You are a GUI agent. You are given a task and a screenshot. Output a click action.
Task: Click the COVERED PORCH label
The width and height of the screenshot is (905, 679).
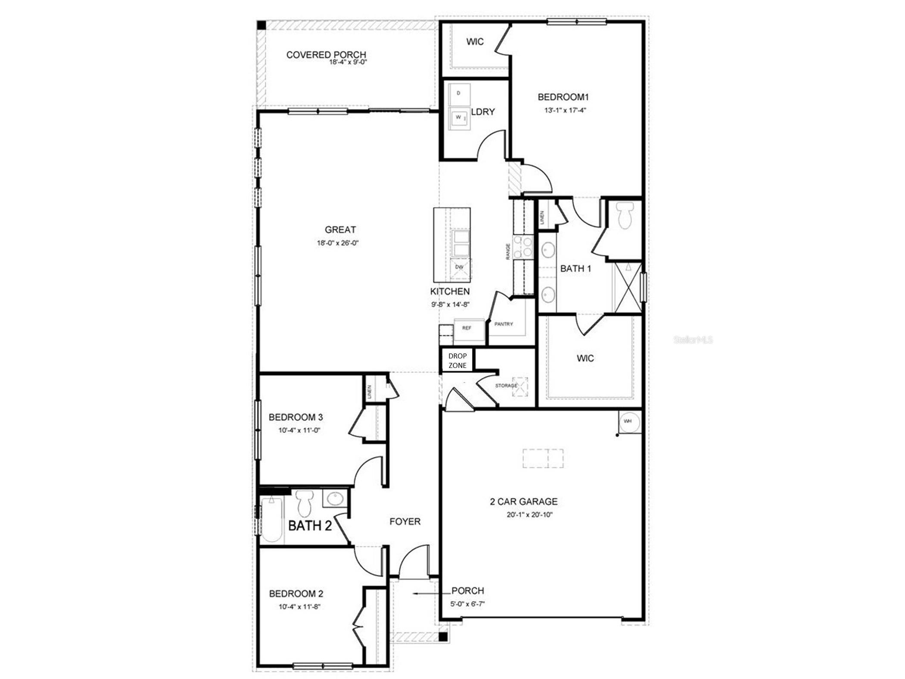pyautogui.click(x=326, y=55)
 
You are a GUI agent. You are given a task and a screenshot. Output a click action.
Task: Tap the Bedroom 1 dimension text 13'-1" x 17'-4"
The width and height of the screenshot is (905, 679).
pyautogui.click(x=565, y=110)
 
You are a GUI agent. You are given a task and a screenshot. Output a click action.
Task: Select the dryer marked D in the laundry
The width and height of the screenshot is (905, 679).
pyautogui.click(x=459, y=93)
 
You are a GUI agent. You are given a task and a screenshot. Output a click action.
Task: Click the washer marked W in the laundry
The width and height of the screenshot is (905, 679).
pyautogui.click(x=459, y=118)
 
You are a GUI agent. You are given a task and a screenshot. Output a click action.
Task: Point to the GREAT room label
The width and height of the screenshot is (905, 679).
pyautogui.click(x=340, y=230)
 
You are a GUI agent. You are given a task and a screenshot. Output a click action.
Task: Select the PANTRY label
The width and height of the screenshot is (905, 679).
pyautogui.click(x=503, y=324)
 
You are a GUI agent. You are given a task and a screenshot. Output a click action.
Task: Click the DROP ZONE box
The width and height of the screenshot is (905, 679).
pyautogui.click(x=457, y=361)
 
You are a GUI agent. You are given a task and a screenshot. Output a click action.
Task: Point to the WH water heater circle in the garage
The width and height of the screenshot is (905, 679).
pyautogui.click(x=628, y=421)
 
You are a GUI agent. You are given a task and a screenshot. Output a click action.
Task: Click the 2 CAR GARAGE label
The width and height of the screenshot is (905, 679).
pyautogui.click(x=523, y=501)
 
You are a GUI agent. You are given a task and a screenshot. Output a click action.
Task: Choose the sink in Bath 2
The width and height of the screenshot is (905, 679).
pyautogui.click(x=335, y=499)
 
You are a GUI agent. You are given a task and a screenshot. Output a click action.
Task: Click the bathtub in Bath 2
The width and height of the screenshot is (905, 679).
pyautogui.click(x=271, y=519)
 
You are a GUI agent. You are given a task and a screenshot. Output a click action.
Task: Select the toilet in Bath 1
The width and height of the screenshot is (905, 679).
pyautogui.click(x=623, y=215)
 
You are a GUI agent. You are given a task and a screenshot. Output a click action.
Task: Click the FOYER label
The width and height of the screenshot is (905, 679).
pyautogui.click(x=404, y=522)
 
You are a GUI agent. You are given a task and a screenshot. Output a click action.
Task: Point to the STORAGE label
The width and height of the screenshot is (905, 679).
pyautogui.click(x=506, y=386)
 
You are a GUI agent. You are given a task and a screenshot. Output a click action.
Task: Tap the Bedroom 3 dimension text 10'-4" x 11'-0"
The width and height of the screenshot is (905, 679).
pyautogui.click(x=299, y=430)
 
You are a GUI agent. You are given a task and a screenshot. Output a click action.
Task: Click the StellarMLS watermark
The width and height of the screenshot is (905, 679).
pyautogui.click(x=693, y=340)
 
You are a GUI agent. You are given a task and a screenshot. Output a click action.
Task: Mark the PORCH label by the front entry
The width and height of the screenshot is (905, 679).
pyautogui.click(x=467, y=591)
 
